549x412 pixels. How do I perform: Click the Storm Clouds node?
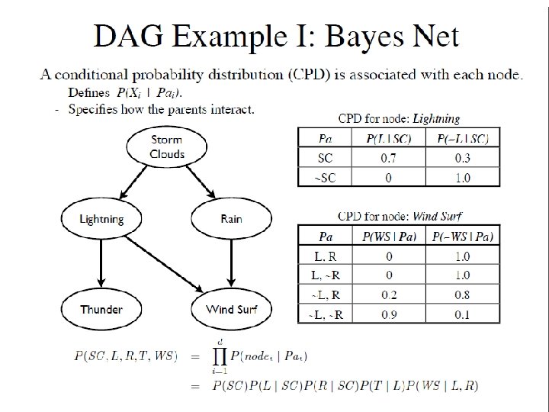pos(167,146)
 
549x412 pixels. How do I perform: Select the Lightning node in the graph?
pos(101,219)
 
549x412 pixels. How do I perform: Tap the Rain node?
pos(231,219)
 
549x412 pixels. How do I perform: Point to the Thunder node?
pos(101,309)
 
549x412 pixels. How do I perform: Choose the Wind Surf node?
pos(231,309)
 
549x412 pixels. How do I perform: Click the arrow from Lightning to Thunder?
pos(101,264)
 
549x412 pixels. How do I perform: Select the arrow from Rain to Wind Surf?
pos(231,264)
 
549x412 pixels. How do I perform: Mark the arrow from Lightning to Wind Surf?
pos(164,263)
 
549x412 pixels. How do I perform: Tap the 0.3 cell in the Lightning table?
pos(462,158)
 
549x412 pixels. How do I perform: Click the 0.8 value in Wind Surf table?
pos(462,294)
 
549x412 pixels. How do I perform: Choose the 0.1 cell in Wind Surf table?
pos(462,314)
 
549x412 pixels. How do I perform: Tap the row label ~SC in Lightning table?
pos(325,177)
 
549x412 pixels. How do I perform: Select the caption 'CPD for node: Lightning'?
pos(399,118)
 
